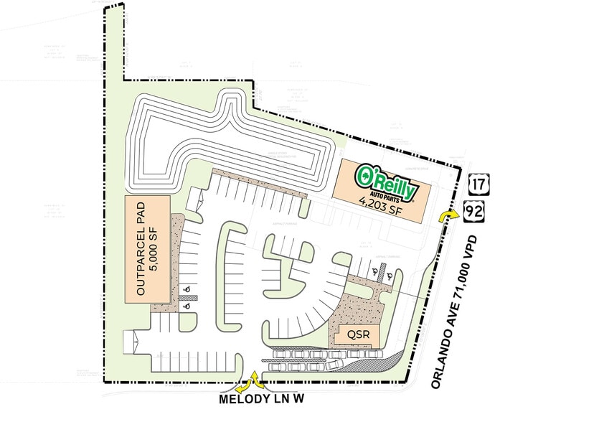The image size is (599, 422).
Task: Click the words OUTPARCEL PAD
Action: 141,247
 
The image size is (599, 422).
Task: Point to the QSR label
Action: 350,334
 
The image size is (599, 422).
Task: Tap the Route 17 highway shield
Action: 476,184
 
